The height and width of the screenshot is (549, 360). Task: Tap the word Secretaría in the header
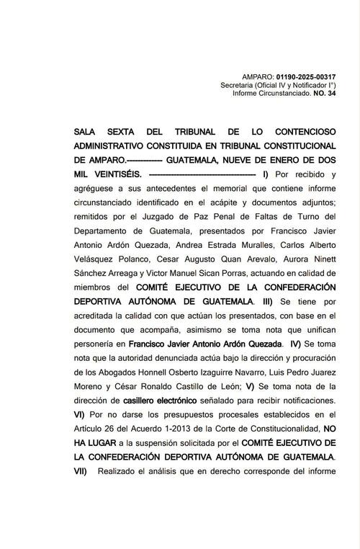click(x=241, y=85)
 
